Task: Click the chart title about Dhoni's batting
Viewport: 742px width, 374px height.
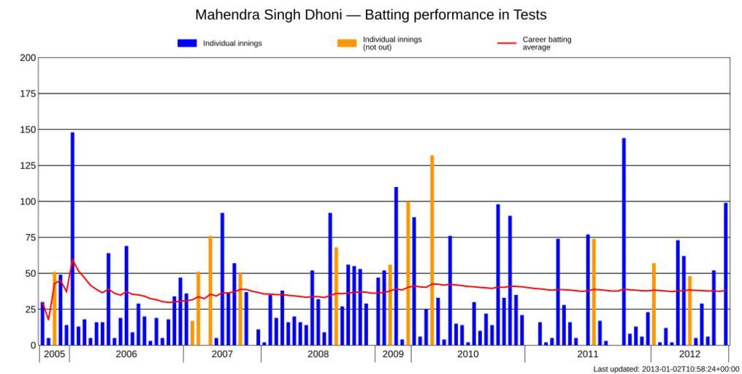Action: [x=370, y=15]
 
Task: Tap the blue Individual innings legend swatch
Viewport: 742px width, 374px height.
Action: [x=187, y=43]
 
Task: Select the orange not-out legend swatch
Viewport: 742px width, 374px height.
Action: [x=347, y=43]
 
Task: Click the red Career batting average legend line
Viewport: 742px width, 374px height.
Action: [x=507, y=43]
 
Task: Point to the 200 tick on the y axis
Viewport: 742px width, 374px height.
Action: [x=28, y=58]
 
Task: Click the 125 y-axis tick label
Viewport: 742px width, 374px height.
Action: [x=28, y=166]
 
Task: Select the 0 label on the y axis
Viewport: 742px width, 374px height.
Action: [x=33, y=345]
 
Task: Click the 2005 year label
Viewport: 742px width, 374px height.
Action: [x=54, y=354]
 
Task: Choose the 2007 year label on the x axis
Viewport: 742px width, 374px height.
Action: [x=222, y=354]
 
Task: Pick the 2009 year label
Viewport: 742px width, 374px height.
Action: [x=393, y=354]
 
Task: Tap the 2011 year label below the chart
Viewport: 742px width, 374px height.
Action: [x=587, y=354]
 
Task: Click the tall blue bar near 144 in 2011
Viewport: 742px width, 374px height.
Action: [x=624, y=241]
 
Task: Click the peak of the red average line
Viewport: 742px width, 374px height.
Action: [x=72, y=260]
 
